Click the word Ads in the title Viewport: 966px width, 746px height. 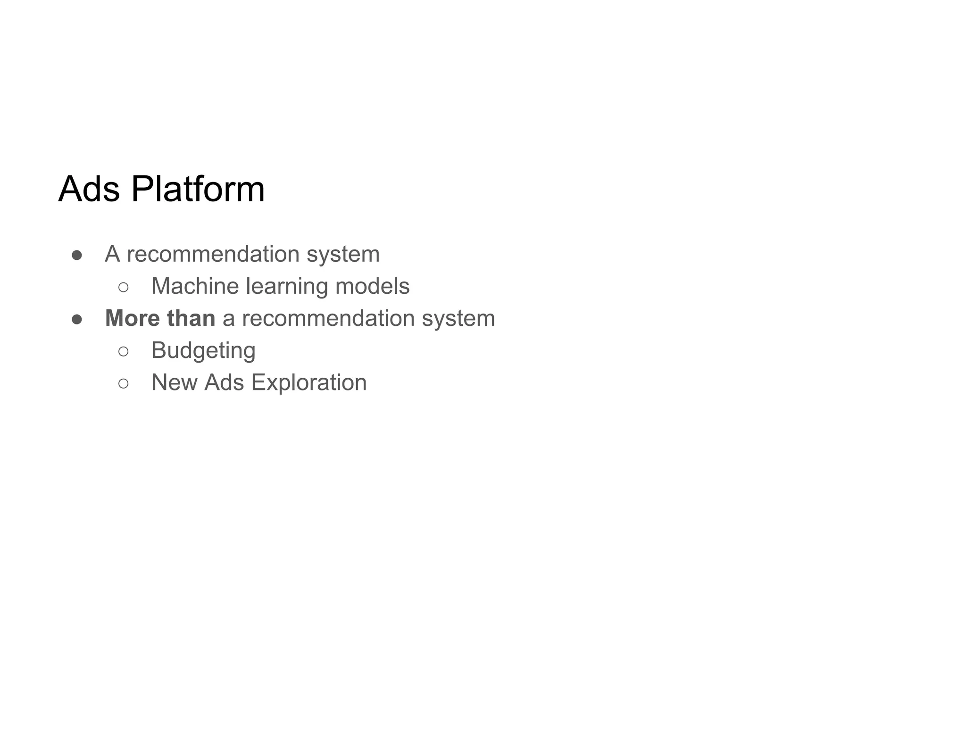click(89, 189)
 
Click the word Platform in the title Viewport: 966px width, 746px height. click(198, 189)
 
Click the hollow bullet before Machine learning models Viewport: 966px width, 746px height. click(124, 287)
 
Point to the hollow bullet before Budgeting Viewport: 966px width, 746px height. click(124, 351)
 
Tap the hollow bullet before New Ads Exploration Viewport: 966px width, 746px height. click(124, 383)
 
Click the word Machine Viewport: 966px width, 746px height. click(195, 286)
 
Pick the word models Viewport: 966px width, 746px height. click(373, 286)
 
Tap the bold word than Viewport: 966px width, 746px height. click(191, 318)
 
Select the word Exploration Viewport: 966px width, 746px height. click(309, 382)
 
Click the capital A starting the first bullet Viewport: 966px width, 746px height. click(112, 254)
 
